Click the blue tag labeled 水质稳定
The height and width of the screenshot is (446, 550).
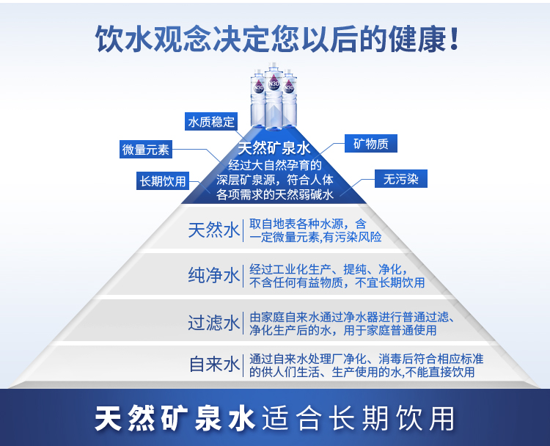tap(211, 122)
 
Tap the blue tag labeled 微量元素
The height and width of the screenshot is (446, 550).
tap(146, 150)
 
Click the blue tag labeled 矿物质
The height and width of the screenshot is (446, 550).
tap(371, 144)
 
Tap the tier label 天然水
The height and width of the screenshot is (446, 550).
tap(213, 230)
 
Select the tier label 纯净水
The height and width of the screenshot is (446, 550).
tap(213, 276)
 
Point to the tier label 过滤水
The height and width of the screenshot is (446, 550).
tap(213, 323)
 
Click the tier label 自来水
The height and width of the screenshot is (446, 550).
tap(213, 365)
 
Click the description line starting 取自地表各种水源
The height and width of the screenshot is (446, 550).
tap(308, 223)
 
